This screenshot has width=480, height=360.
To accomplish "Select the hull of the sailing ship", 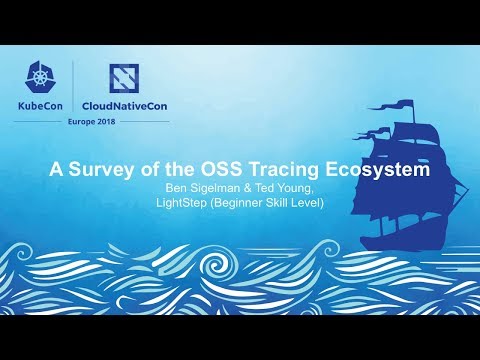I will pyautogui.click(x=400, y=234).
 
